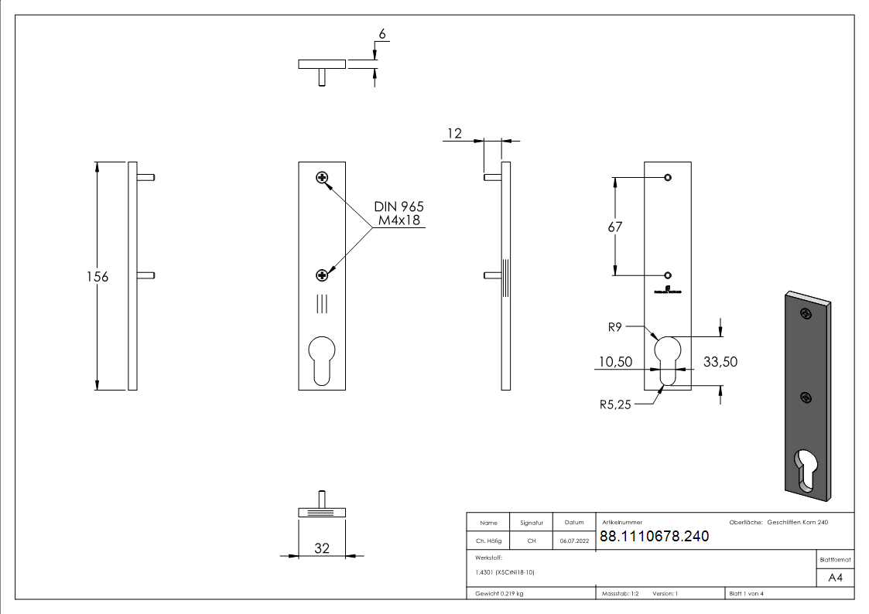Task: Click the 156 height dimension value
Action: [98, 277]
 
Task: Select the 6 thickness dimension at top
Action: [381, 35]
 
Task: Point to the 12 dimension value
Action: [453, 134]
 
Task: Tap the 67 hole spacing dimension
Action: [615, 227]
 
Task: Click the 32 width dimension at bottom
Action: [322, 548]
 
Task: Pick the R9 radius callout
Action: [614, 327]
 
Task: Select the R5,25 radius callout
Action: [615, 403]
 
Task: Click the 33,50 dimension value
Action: [719, 361]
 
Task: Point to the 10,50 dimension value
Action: [615, 361]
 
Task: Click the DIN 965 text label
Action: [399, 207]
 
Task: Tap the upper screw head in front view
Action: [322, 179]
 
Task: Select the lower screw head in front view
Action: [322, 275]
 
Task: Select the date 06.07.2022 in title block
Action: [574, 541]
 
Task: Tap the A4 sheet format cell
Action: [836, 578]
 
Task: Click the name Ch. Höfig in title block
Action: [488, 541]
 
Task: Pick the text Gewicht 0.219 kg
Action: [500, 593]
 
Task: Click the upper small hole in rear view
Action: [668, 179]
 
